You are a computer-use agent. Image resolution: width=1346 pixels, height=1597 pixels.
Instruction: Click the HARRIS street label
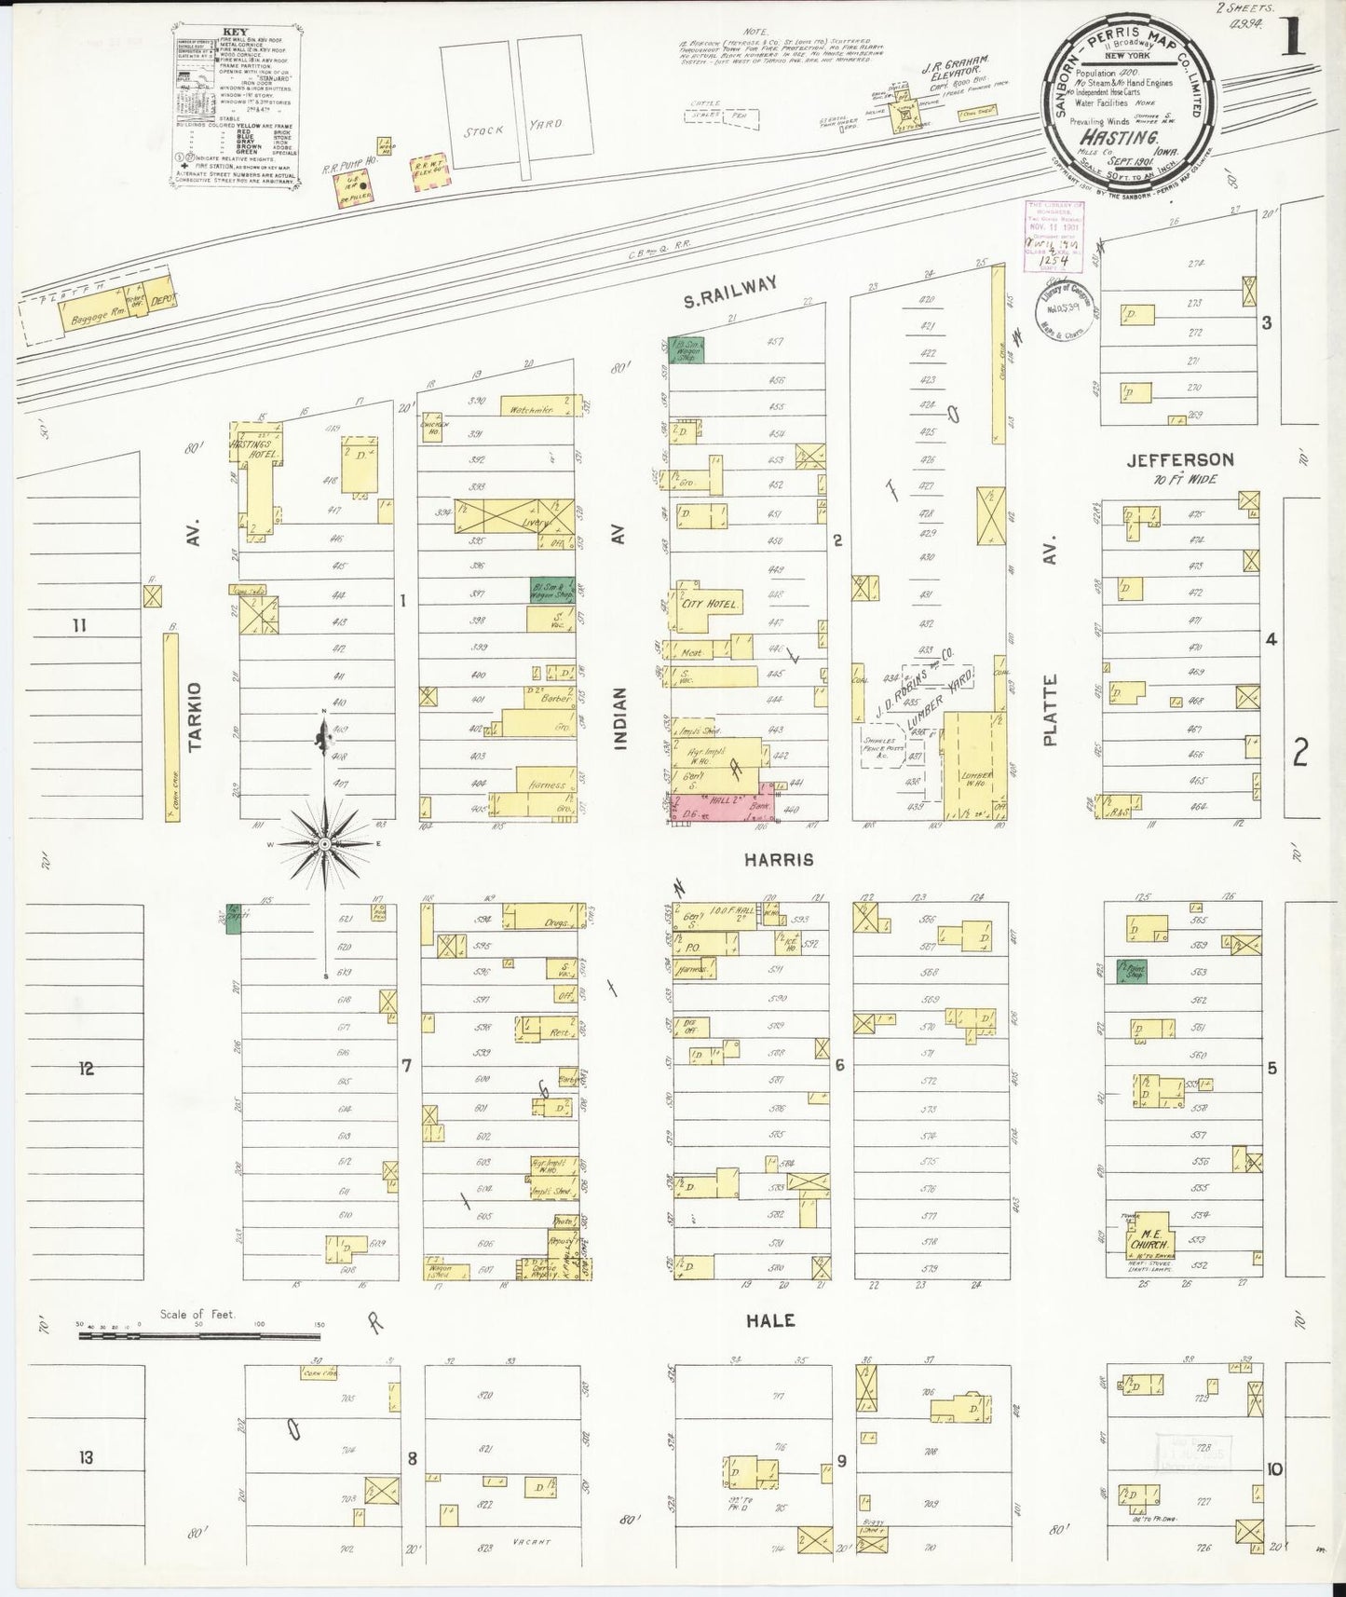[x=780, y=860]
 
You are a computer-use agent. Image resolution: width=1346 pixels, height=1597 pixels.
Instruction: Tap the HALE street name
[x=770, y=1320]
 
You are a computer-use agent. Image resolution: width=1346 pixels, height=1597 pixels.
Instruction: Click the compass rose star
[x=324, y=844]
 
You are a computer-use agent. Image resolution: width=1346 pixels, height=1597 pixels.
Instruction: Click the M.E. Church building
[x=1147, y=1238]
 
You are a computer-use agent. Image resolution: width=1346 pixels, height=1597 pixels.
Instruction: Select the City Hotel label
[x=710, y=605]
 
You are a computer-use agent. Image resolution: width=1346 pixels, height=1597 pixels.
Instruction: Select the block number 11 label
[x=79, y=625]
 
